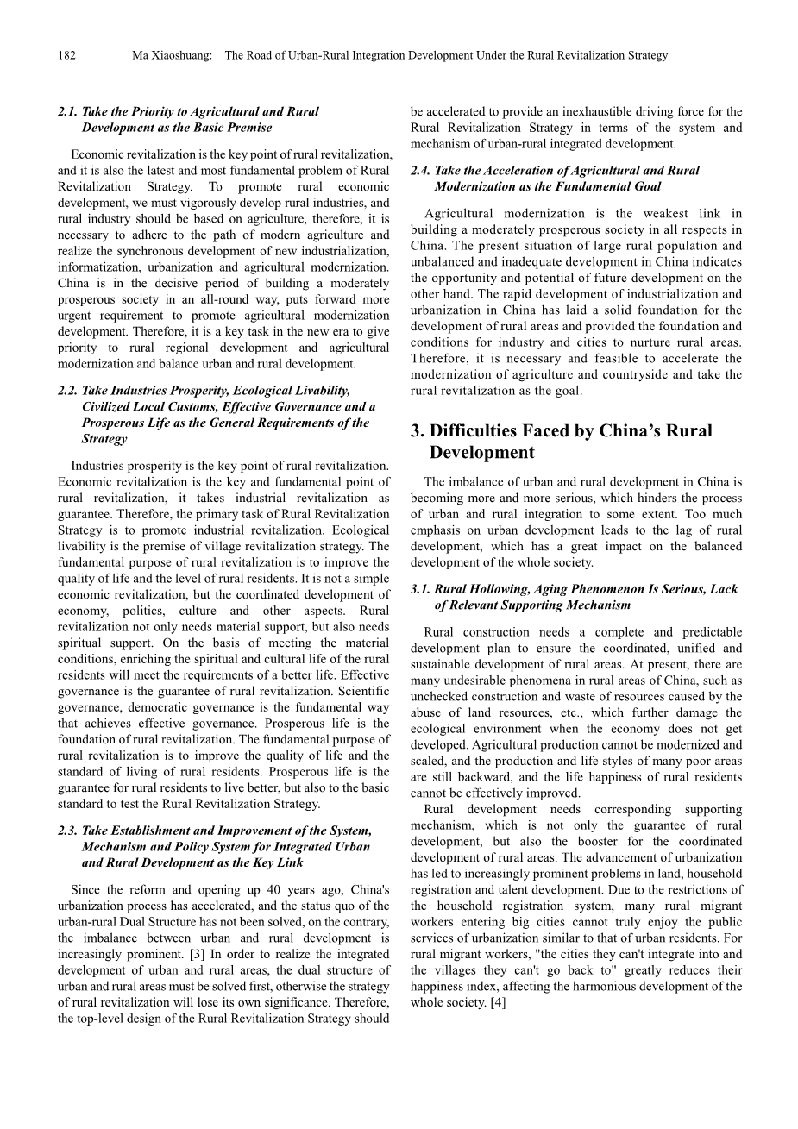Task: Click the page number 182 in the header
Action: pos(66,55)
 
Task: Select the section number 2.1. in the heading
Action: pos(68,111)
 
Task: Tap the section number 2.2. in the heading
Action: pos(68,391)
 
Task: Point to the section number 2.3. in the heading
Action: pos(68,831)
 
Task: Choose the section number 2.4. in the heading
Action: pos(421,171)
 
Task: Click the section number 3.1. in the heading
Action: pos(421,589)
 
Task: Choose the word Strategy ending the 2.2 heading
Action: pos(104,439)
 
